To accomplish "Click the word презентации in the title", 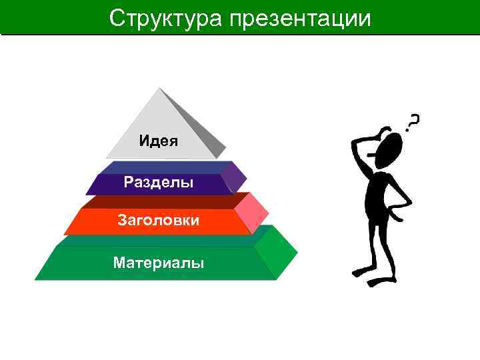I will tap(301, 18).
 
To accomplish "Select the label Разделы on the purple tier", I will tap(159, 182).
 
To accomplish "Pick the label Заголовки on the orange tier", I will tap(158, 219).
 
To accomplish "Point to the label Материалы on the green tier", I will tap(159, 263).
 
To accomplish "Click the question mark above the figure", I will tap(414, 121).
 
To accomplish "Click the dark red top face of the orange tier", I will tap(160, 201).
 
